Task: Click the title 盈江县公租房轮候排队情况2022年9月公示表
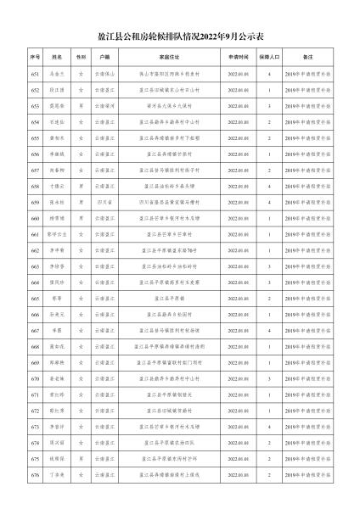tap(180, 37)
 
